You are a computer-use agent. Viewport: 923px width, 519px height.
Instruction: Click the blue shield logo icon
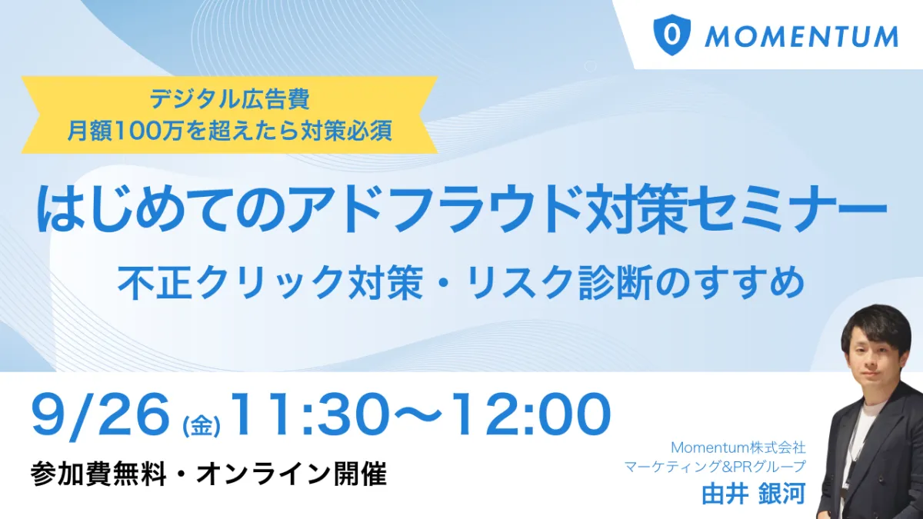[x=672, y=35]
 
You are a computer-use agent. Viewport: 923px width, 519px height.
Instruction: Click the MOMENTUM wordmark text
[x=801, y=37]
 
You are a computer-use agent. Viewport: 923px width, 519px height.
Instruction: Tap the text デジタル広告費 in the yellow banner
[x=229, y=99]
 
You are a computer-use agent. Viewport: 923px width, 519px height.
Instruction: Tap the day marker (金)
[x=201, y=425]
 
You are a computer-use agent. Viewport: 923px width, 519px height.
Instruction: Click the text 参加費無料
[x=98, y=475]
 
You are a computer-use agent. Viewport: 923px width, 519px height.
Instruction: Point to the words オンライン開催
[x=292, y=475]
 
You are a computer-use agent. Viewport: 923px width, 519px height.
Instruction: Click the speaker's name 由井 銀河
[x=754, y=494]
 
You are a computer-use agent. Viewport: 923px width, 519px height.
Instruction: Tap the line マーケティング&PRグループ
[x=715, y=467]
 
